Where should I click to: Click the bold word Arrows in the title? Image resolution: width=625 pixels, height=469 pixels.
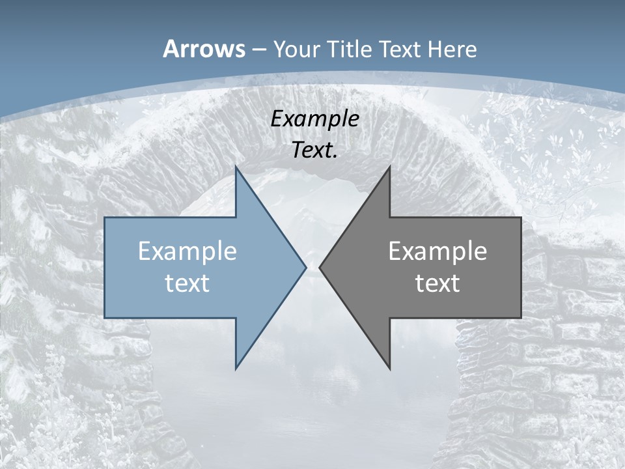pyautogui.click(x=203, y=49)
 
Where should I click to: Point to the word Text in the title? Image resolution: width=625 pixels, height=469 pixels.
pyautogui.click(x=400, y=50)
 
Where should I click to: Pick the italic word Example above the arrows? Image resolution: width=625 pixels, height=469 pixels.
pyautogui.click(x=315, y=119)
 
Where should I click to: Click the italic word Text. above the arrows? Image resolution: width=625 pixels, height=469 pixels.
pyautogui.click(x=315, y=150)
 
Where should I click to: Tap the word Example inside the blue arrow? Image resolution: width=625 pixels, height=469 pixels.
pyautogui.click(x=187, y=251)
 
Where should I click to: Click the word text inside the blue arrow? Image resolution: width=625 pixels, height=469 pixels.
pyautogui.click(x=187, y=283)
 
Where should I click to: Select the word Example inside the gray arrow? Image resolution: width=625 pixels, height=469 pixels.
pyautogui.click(x=437, y=251)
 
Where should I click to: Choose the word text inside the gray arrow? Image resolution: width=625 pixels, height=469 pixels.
pyautogui.click(x=437, y=283)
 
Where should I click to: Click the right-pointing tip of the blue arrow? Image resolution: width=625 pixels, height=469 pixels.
pyautogui.click(x=306, y=267)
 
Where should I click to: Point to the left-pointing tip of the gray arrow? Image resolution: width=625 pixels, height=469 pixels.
pyautogui.click(x=320, y=267)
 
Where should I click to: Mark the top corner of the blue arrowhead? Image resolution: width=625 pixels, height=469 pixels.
pyautogui.click(x=236, y=167)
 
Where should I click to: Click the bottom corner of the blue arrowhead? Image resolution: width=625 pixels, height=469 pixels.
pyautogui.click(x=236, y=369)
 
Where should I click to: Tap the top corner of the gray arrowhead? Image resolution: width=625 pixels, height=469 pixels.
pyautogui.click(x=390, y=167)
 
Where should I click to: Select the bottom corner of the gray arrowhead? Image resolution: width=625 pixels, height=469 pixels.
pyautogui.click(x=390, y=369)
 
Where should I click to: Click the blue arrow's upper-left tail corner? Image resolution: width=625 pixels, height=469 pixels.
pyautogui.click(x=105, y=218)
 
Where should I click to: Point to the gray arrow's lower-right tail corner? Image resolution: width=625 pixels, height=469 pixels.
pyautogui.click(x=521, y=317)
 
